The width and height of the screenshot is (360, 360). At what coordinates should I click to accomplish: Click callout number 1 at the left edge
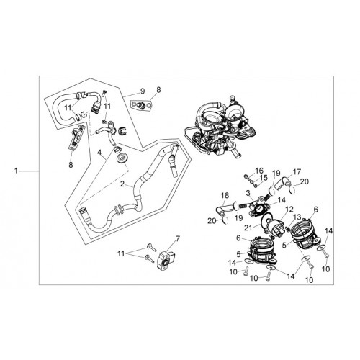16,171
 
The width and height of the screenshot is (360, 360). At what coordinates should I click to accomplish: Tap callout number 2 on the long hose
122,184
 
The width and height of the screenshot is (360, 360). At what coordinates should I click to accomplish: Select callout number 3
248,193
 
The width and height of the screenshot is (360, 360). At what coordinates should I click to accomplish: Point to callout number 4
99,153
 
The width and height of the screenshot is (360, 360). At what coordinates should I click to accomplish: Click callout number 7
177,239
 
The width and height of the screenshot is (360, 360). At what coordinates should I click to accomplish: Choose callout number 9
143,91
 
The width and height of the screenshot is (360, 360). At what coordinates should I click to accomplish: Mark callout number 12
289,210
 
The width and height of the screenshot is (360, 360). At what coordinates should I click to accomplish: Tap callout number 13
297,217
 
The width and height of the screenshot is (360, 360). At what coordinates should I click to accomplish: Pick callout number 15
264,178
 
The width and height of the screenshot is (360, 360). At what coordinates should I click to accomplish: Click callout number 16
259,171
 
